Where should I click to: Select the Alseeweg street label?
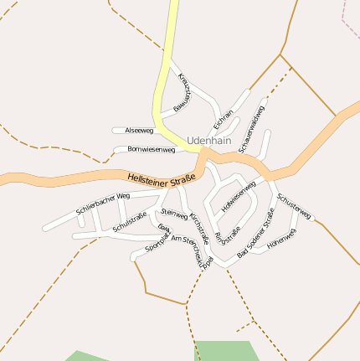[138, 131]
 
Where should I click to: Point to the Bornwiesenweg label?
[151, 149]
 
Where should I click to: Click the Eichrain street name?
[224, 119]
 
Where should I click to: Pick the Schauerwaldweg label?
[251, 129]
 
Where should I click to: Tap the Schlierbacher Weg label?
[103, 202]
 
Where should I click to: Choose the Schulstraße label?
[129, 222]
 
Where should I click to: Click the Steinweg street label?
[174, 214]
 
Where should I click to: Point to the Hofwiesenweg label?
[239, 195]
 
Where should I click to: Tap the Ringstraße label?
[228, 233]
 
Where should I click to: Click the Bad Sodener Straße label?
[255, 234]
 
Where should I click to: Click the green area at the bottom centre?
[224, 350]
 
